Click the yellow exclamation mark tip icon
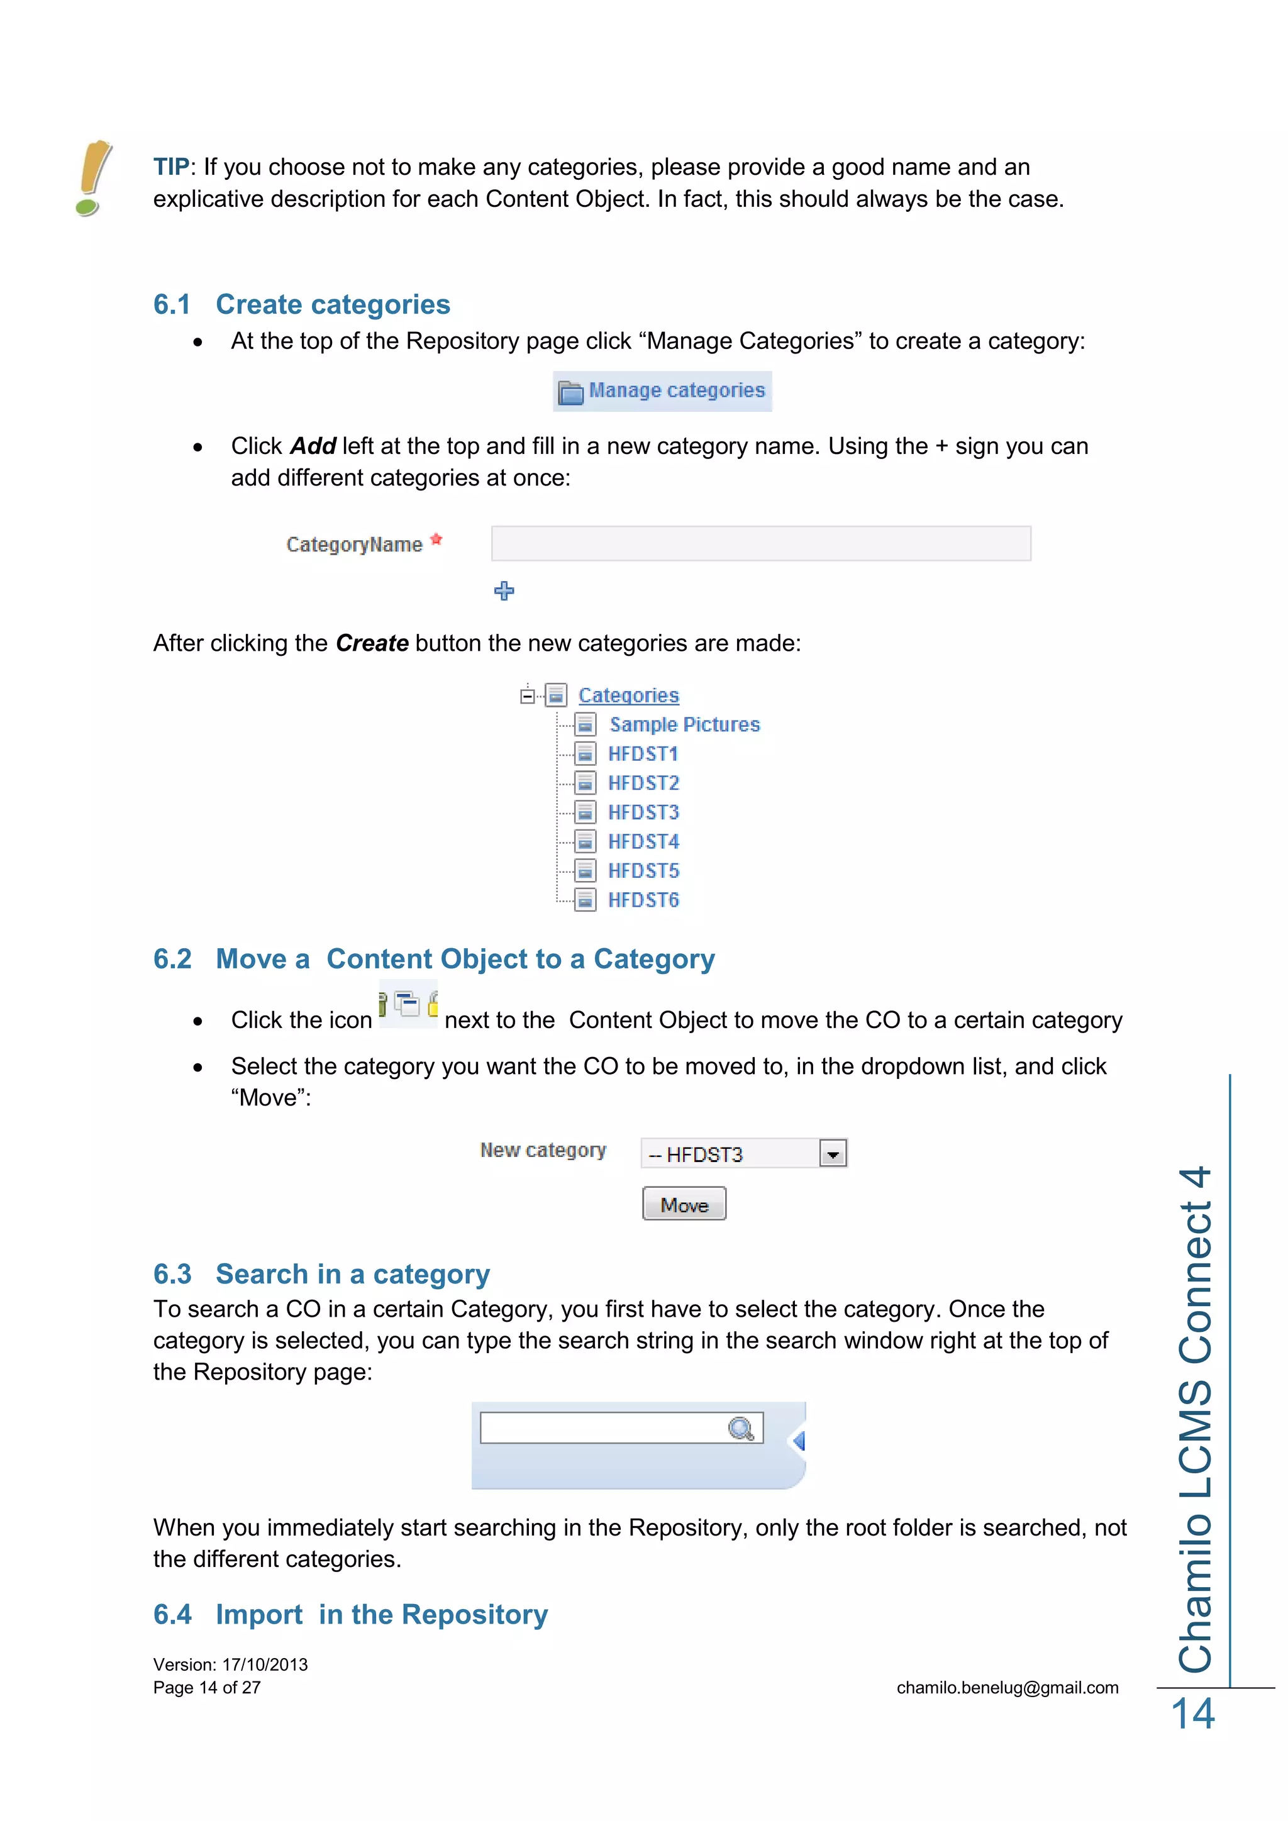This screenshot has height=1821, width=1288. [x=94, y=178]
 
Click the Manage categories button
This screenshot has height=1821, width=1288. [x=662, y=391]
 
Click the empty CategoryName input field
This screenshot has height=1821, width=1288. [x=760, y=544]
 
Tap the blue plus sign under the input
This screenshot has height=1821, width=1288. [x=504, y=591]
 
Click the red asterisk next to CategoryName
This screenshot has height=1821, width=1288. [x=436, y=540]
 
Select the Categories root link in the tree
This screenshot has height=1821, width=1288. [x=628, y=695]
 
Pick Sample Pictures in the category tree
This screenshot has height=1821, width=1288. [x=684, y=725]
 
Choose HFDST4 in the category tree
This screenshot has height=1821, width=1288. [x=643, y=841]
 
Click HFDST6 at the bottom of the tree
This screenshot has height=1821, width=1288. [x=643, y=900]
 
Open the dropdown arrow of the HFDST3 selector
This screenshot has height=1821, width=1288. [x=833, y=1154]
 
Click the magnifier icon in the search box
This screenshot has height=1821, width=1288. [x=741, y=1429]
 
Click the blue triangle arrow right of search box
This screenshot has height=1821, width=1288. [x=799, y=1441]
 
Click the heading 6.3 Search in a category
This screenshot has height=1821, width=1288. [x=321, y=1274]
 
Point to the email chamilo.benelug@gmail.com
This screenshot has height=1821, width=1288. [x=1008, y=1688]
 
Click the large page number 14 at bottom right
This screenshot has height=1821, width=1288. [x=1193, y=1715]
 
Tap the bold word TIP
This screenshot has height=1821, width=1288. [x=171, y=167]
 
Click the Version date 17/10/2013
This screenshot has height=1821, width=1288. [x=265, y=1665]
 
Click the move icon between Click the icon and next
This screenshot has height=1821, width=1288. [x=408, y=1005]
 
